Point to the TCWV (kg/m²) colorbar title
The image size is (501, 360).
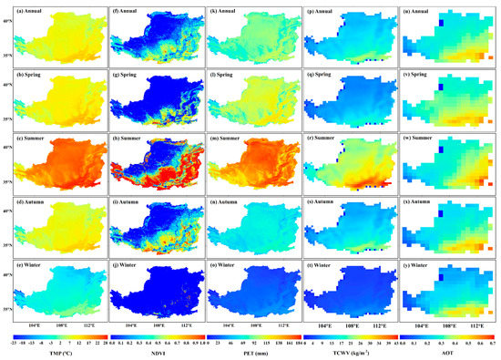(x=352, y=353)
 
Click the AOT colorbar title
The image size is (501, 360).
(x=451, y=353)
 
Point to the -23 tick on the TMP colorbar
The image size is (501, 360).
(x=6, y=343)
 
